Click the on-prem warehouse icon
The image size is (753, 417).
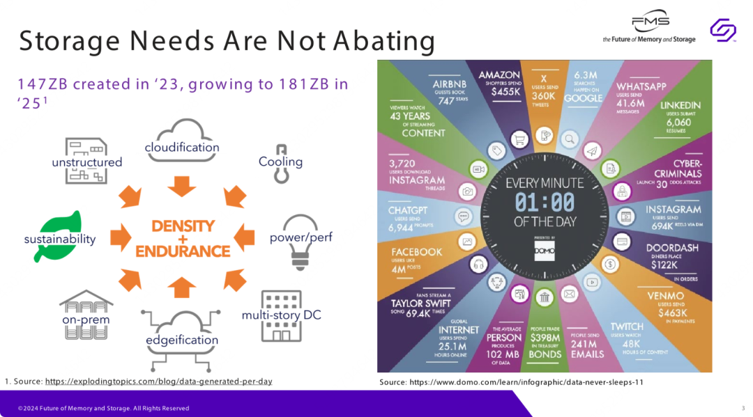pos(85,314)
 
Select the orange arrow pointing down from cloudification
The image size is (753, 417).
pos(182,185)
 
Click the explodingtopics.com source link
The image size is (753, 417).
pos(158,381)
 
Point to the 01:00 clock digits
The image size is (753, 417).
pos(545,203)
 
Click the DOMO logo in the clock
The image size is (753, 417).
pos(545,250)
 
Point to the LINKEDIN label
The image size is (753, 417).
pos(680,105)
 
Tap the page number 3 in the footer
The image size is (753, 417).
pos(743,408)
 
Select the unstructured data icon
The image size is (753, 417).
pos(86,160)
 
